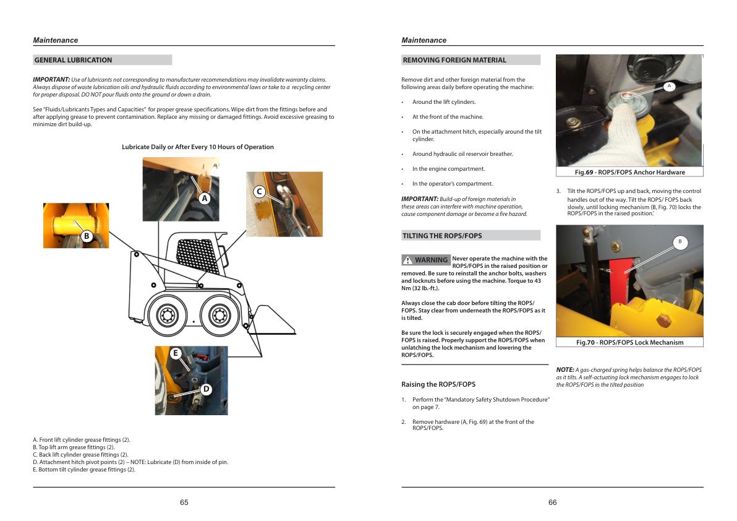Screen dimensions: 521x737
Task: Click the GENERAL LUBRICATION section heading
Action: pos(73,60)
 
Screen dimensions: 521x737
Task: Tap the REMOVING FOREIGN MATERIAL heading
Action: pos(454,60)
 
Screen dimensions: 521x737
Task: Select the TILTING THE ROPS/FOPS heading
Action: pos(442,236)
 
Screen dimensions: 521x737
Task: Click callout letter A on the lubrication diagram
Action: pos(205,199)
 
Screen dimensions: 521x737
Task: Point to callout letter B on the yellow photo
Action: pos(87,236)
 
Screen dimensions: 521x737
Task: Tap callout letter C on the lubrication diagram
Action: pos(260,192)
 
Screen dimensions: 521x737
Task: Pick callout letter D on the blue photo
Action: pos(207,389)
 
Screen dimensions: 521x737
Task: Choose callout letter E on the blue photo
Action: pos(176,353)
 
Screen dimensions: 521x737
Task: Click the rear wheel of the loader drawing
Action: pos(166,316)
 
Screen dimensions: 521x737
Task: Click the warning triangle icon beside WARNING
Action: pos(407,260)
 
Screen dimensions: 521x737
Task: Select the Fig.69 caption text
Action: pos(629,172)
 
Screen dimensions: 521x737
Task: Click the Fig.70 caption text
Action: pos(629,342)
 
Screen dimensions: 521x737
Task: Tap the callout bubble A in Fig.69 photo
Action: pos(669,87)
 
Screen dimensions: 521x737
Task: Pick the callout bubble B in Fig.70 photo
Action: pos(679,242)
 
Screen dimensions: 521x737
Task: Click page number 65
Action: pos(184,502)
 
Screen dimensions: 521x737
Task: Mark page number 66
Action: pos(553,502)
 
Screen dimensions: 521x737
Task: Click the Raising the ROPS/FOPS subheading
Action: pos(438,384)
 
